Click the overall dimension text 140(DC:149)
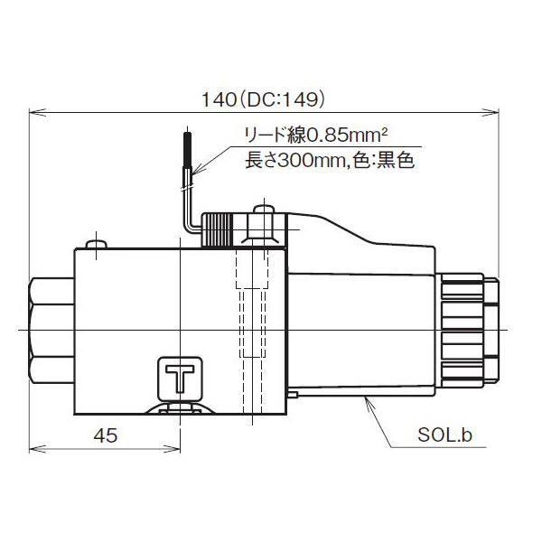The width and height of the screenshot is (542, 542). [264, 98]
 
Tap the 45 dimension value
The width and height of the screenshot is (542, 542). [106, 435]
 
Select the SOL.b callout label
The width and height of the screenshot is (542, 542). [444, 435]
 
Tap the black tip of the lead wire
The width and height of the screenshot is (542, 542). [187, 148]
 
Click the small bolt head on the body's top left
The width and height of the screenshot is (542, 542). [95, 243]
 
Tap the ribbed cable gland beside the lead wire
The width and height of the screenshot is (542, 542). [216, 229]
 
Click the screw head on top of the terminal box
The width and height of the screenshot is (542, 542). [264, 213]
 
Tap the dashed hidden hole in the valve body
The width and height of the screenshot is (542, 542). [253, 325]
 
